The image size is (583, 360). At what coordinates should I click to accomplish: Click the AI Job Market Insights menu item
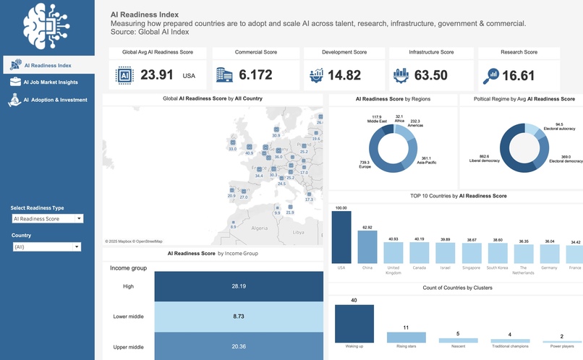click(x=49, y=82)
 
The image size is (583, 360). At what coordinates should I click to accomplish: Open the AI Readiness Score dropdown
click(x=47, y=218)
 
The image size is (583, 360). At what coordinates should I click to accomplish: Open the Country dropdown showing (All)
click(x=46, y=247)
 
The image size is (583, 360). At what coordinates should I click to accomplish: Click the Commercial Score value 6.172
click(x=255, y=75)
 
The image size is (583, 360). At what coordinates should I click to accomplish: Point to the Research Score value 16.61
click(x=518, y=75)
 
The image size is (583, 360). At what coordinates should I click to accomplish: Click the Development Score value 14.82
click(x=344, y=75)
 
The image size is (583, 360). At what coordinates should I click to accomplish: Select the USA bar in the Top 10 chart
click(x=341, y=236)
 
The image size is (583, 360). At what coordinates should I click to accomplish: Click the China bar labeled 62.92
click(x=367, y=247)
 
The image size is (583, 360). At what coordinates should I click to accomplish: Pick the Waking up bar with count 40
click(x=354, y=323)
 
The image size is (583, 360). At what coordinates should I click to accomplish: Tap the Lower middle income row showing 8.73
click(x=238, y=317)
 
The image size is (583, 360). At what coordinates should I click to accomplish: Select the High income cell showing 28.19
click(x=238, y=286)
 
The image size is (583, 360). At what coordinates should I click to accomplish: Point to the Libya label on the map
click(x=298, y=233)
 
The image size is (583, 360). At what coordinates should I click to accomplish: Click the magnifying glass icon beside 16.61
click(x=493, y=75)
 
